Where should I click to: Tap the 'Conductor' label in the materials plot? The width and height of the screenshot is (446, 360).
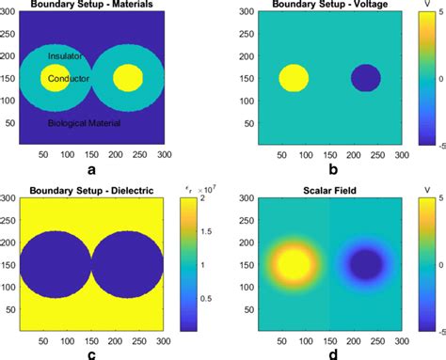click(x=68, y=79)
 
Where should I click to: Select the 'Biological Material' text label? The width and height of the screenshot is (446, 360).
click(x=89, y=123)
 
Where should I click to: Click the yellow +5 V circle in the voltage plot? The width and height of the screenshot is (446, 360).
click(x=295, y=77)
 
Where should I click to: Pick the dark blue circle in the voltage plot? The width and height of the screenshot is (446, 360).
click(x=366, y=77)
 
